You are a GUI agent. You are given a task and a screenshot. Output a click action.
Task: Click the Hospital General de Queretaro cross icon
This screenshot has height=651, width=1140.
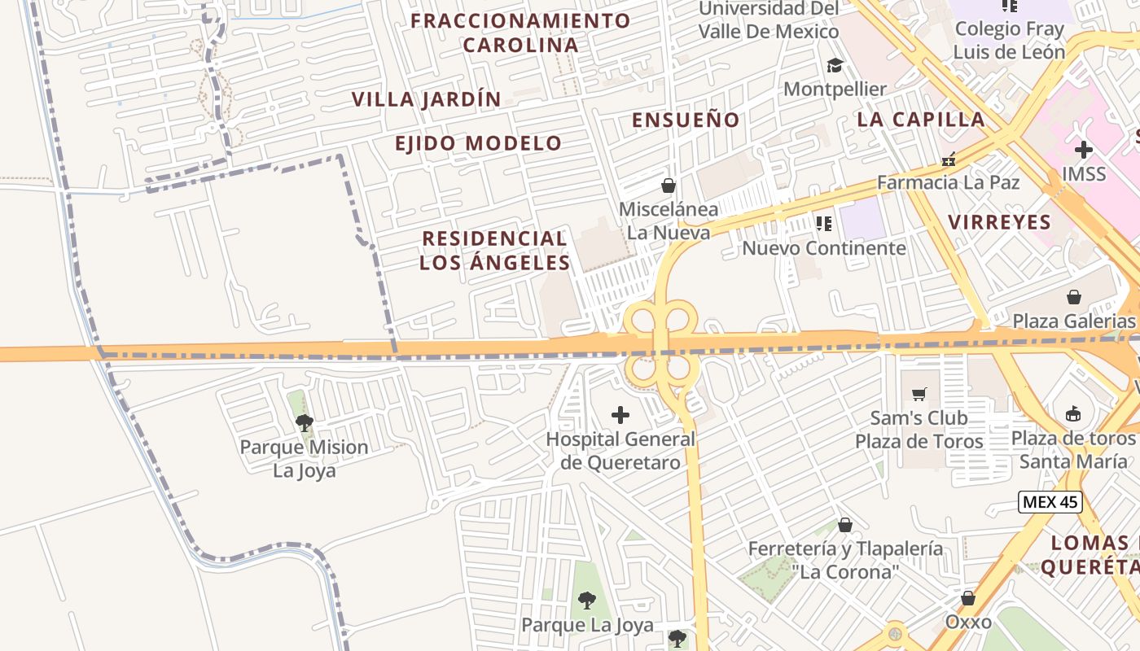(620, 416)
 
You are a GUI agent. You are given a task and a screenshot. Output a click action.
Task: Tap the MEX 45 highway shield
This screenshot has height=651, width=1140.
(1050, 502)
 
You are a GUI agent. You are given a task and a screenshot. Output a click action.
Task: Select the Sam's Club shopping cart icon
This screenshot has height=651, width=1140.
(919, 395)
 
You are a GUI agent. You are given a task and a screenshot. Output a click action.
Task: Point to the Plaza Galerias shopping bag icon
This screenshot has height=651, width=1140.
(1074, 297)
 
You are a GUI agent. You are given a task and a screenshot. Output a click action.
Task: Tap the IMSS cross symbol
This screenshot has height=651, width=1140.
(1084, 150)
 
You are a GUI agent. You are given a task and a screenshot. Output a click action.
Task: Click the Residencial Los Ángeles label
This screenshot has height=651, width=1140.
(494, 251)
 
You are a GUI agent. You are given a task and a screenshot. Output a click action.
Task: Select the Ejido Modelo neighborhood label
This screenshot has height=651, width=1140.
(478, 144)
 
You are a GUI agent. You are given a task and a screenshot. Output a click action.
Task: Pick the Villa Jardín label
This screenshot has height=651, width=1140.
(426, 99)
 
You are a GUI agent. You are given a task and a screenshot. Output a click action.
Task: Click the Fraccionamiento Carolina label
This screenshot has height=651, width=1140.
(520, 33)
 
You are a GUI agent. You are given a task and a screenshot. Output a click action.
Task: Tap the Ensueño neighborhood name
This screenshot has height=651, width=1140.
(686, 120)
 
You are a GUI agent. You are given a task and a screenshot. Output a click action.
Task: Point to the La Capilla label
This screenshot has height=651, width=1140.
(921, 120)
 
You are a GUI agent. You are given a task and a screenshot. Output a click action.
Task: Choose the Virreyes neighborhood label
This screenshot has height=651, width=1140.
(999, 222)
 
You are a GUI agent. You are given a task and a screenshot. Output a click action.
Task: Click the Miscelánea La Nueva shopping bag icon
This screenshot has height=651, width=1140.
(669, 186)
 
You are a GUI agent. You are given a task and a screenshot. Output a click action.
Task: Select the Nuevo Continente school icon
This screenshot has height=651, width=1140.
(823, 223)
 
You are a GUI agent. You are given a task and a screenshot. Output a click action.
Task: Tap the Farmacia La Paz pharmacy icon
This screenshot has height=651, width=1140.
(948, 159)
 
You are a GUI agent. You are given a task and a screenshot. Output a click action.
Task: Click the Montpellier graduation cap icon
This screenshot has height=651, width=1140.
(835, 65)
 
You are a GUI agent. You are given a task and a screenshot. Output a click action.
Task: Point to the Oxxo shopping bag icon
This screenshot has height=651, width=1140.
(968, 598)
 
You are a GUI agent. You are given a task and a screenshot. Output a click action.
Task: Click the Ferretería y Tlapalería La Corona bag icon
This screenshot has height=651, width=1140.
(845, 525)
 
